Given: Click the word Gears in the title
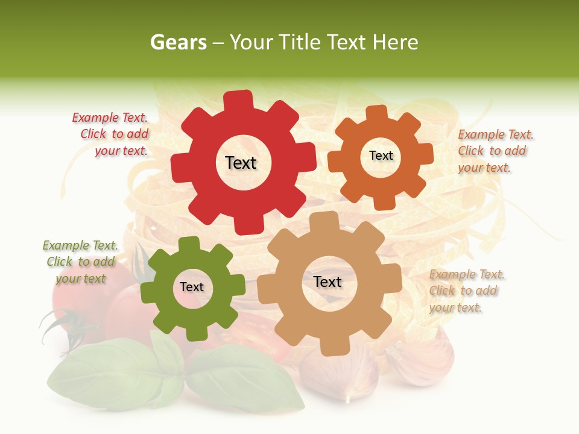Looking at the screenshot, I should (x=177, y=42).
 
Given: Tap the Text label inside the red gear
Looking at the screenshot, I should (x=241, y=163).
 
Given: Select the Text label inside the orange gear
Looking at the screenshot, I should (x=381, y=156).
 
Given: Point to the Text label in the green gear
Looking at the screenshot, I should (x=192, y=288).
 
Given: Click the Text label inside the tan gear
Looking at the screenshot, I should (x=327, y=282).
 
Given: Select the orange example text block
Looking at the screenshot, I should (x=495, y=151).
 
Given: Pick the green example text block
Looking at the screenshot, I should (x=80, y=262).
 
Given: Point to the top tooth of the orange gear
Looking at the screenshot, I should (x=376, y=112).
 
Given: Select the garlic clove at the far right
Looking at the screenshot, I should (x=425, y=362).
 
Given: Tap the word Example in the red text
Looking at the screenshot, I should (x=92, y=118).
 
